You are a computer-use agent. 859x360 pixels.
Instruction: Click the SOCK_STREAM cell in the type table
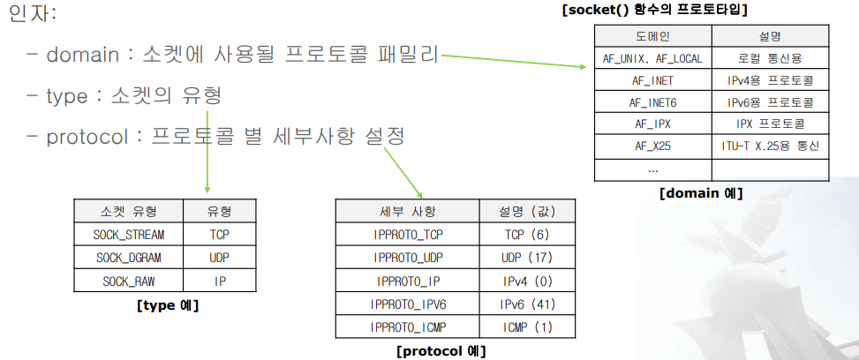click(x=128, y=235)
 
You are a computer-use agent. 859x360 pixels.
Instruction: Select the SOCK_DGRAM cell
click(x=128, y=258)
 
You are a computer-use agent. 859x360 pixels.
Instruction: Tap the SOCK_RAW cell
click(x=128, y=281)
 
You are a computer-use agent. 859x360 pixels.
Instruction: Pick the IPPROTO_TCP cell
click(x=407, y=235)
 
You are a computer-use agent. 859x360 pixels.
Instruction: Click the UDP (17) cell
click(x=528, y=258)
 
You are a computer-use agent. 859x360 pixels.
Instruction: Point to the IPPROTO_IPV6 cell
click(x=407, y=304)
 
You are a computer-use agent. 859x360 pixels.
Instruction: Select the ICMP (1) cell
click(x=528, y=326)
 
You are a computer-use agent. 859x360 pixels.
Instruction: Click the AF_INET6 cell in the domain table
click(x=653, y=102)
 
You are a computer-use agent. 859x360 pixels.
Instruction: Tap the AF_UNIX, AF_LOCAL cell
click(x=653, y=58)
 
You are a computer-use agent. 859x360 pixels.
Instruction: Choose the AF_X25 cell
click(x=653, y=146)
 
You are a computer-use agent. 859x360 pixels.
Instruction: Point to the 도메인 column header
click(x=653, y=36)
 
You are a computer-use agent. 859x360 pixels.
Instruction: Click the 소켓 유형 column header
click(x=128, y=212)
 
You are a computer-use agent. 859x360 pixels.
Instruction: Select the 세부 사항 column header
click(x=407, y=212)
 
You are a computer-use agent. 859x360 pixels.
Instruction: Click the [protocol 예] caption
click(x=441, y=350)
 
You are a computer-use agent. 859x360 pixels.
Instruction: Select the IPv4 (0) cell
click(x=528, y=281)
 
